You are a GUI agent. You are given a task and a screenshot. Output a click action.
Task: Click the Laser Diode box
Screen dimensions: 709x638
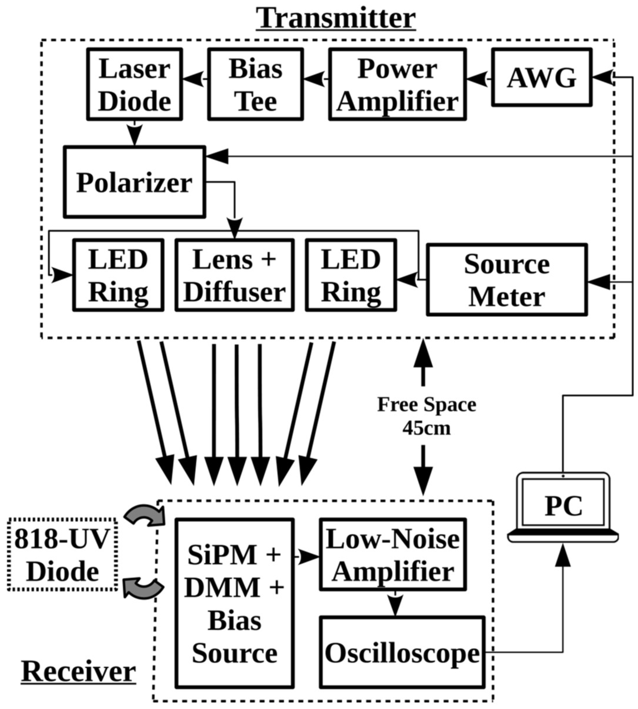tap(135, 84)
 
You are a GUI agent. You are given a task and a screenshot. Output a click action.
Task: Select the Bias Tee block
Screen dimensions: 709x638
tap(255, 84)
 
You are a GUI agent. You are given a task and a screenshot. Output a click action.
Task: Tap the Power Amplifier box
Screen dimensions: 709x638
tap(397, 84)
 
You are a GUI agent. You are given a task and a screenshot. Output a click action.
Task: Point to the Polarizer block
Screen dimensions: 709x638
tap(134, 182)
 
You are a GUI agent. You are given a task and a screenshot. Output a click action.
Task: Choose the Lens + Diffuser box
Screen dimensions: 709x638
tap(235, 275)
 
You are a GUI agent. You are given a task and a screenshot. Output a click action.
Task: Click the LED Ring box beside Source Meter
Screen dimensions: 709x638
tap(351, 275)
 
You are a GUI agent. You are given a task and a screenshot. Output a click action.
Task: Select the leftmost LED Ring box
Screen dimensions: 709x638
tap(118, 275)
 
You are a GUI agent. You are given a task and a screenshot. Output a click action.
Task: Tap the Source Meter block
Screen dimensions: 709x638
tap(507, 280)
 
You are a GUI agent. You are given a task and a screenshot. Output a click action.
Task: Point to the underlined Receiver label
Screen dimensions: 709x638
tap(78, 672)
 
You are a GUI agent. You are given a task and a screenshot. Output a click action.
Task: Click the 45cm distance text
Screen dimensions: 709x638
tap(426, 428)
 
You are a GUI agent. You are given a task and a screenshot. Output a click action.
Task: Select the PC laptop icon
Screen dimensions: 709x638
tap(563, 507)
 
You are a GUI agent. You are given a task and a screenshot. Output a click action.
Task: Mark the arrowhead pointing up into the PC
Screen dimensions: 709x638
tap(563, 557)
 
